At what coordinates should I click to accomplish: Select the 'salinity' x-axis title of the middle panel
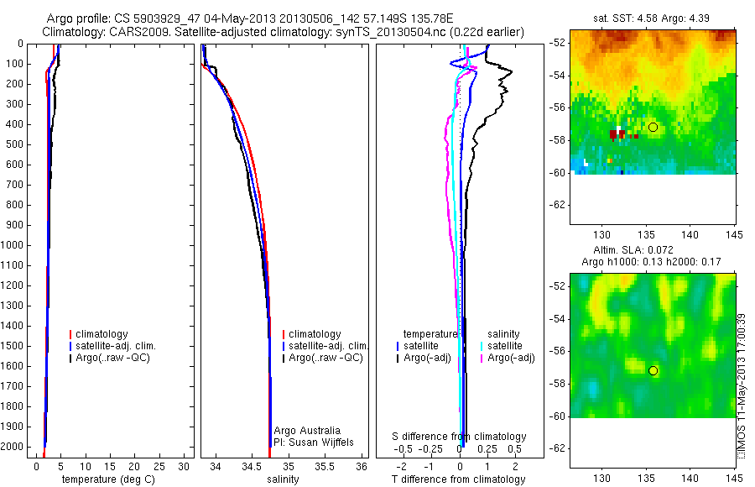282,479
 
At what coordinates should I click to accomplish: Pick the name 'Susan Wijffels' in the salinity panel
311,442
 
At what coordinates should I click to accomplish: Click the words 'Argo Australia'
307,431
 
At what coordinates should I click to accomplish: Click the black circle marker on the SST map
653,127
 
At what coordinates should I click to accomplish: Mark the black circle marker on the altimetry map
653,370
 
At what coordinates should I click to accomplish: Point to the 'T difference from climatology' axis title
458,479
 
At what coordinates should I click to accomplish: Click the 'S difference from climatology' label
460,437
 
